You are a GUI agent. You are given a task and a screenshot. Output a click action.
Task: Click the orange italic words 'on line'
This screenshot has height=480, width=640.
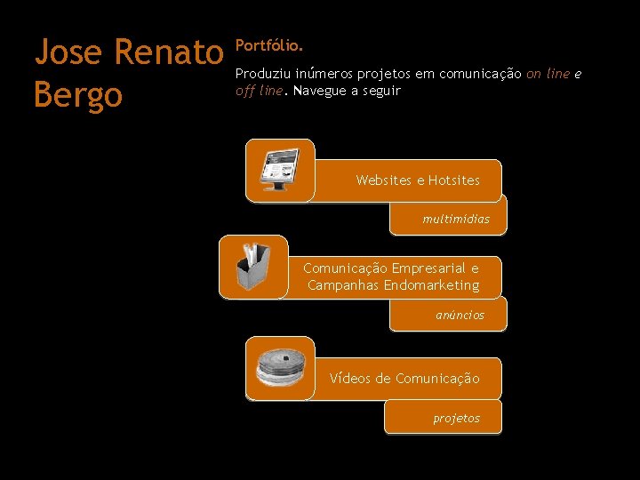(548, 75)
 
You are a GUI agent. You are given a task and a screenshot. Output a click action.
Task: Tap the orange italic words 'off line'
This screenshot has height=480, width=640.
(258, 91)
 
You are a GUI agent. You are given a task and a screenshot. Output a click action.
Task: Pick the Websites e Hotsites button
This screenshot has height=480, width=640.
(417, 180)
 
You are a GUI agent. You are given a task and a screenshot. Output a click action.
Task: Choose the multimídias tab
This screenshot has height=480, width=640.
(456, 219)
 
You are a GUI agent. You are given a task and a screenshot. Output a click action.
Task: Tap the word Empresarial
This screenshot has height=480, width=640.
(430, 268)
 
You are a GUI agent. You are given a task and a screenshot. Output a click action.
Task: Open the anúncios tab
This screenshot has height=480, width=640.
(460, 315)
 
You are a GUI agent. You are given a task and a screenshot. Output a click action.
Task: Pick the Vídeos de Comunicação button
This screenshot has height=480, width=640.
(404, 379)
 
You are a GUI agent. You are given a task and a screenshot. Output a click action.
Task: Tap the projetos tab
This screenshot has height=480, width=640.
(456, 418)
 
